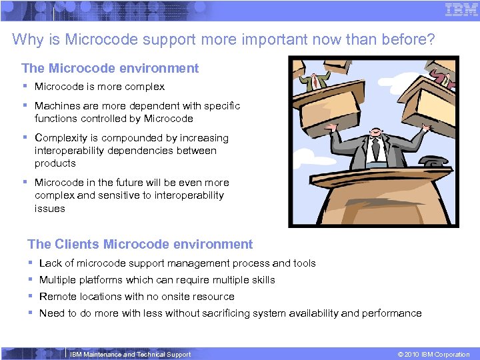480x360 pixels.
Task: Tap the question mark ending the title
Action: pyautogui.click(x=431, y=40)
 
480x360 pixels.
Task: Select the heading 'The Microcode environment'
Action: pyautogui.click(x=110, y=68)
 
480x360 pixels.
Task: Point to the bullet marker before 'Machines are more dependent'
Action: pyautogui.click(x=25, y=105)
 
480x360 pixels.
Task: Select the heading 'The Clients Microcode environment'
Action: pyautogui.click(x=140, y=244)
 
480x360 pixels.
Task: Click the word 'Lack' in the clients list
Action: pyautogui.click(x=50, y=263)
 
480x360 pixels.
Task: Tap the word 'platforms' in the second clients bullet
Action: pyautogui.click(x=102, y=280)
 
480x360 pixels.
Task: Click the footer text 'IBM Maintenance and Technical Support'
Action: pyautogui.click(x=131, y=354)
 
